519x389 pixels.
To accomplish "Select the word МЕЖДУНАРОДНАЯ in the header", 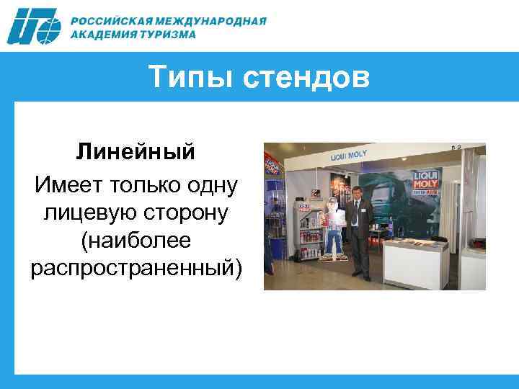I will [x=214, y=20].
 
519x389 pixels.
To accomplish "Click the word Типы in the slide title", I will [x=193, y=77].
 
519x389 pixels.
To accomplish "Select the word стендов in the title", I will [x=308, y=77].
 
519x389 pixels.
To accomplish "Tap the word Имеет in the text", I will [x=68, y=186].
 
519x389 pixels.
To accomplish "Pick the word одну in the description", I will [x=210, y=186].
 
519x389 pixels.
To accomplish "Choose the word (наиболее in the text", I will [x=136, y=241].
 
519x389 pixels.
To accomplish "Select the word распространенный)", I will [x=137, y=268].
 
